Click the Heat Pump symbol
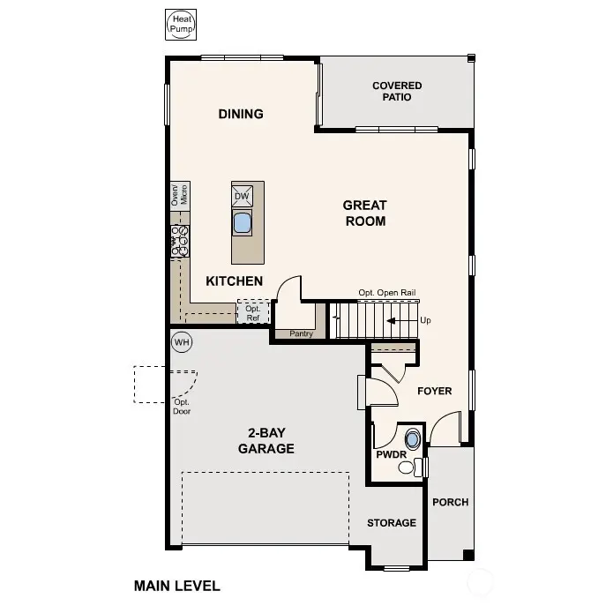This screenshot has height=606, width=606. coord(181,25)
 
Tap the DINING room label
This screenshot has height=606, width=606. coord(241,114)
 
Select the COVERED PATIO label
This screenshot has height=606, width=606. coord(397,91)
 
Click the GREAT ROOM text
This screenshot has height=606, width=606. coord(364,213)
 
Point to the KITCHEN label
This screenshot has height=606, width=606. coord(234,281)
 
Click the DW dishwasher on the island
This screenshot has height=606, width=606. coord(242,195)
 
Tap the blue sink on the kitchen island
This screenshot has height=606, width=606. coord(243,222)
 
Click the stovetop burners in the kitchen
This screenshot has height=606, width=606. coord(180,241)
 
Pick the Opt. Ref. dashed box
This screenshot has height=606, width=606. coord(252,312)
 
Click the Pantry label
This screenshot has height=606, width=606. coord(301,334)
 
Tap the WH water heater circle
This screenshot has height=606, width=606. coord(182,342)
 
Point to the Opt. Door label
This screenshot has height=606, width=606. coord(182,407)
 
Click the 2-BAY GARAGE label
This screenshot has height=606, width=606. coord(266,441)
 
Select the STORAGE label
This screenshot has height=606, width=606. coord(392,523)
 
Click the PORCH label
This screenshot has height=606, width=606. coord(450,502)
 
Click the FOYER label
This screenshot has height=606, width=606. coord(434,391)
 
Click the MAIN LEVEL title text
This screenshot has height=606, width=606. coord(176,585)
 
